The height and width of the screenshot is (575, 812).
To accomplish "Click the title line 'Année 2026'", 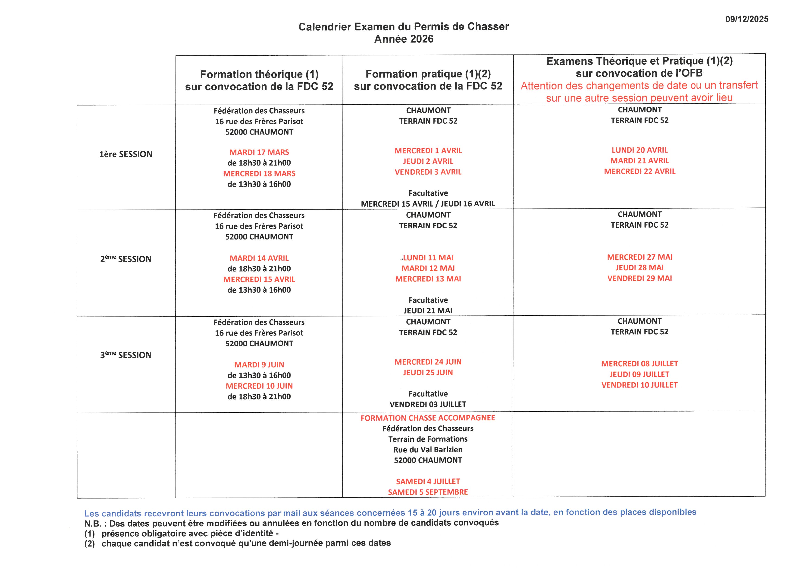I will point(404,39).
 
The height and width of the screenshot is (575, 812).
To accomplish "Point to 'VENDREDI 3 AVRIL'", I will point(428,172).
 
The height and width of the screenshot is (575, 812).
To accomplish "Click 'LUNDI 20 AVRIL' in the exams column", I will point(640,150).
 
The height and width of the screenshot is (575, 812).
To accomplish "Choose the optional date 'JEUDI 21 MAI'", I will point(428,310).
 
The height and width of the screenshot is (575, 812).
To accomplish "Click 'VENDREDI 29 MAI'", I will point(640,278).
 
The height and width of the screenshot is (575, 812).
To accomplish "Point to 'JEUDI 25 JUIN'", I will point(428,373).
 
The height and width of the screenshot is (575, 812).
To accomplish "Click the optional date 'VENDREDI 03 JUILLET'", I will point(428,404).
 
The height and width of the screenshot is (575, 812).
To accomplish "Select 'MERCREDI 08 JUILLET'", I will point(640,364).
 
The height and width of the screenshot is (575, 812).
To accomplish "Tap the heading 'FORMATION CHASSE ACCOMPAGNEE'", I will point(428,418).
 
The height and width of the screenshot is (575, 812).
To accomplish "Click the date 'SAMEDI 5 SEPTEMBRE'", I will point(428,492).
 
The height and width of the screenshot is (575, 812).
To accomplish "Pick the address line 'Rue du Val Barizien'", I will point(428,450).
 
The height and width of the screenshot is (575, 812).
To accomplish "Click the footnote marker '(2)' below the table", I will point(89,543).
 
